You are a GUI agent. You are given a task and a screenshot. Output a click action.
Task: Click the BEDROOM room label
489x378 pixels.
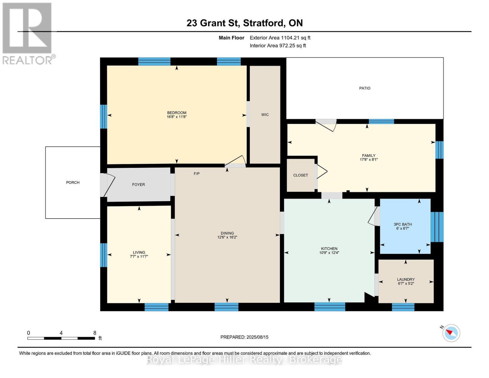coord(176,113)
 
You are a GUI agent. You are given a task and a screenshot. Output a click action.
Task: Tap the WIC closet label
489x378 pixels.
coord(265,115)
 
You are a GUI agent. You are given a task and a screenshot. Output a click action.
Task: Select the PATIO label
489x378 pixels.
coord(365,88)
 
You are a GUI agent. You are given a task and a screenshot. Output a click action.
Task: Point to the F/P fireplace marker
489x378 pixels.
coord(196,174)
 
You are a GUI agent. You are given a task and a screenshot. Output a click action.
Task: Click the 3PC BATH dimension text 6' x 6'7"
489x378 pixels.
coord(402,228)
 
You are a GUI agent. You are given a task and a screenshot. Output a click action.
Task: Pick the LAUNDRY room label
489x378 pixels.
coord(406,279)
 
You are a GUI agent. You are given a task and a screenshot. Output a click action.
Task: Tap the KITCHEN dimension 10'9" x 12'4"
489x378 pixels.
coord(329,253)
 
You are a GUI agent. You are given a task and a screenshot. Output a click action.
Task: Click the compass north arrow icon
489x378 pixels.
coord(451,333)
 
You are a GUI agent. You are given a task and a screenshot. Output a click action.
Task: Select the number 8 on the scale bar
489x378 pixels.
coord(94,333)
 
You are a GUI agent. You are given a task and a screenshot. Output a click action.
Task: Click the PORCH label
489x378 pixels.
coord(73,182)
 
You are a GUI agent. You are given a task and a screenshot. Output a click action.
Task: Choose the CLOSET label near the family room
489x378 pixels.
coord(300,175)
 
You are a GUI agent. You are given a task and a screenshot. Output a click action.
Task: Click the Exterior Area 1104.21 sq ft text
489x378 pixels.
coord(280,38)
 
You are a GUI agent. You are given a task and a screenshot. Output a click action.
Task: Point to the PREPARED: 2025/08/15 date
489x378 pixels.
coord(244,337)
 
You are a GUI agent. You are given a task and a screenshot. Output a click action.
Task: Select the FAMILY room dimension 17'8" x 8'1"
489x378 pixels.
coord(368,159)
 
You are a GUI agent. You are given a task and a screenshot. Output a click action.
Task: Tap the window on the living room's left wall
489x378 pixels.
coord(103,255)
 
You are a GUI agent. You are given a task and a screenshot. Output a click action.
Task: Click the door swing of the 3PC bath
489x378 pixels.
coord(373,217)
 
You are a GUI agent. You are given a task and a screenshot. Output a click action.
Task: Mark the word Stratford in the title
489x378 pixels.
coord(264,23)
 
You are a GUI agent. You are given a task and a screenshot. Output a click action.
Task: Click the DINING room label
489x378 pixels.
coord(227,233)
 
